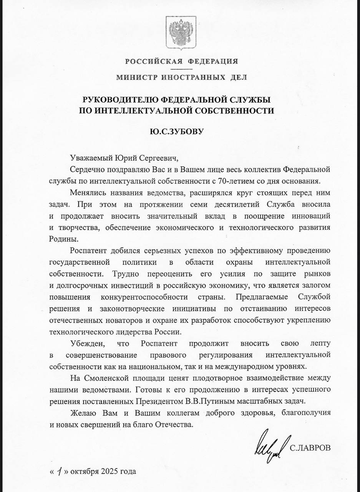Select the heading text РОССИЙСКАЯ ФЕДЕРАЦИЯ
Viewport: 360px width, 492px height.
click(x=181, y=61)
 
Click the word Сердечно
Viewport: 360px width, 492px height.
click(x=86, y=169)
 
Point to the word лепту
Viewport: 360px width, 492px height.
click(x=319, y=343)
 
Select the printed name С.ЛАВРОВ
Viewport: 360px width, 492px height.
click(x=310, y=448)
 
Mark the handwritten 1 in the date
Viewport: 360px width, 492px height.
click(x=58, y=471)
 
